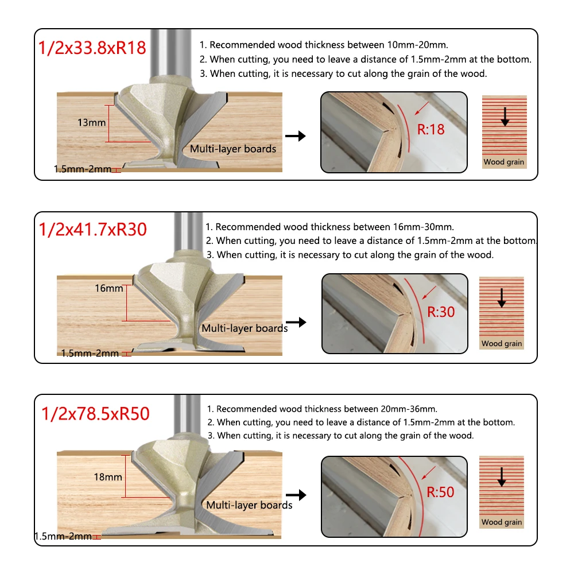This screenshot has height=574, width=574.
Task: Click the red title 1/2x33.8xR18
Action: coord(92,48)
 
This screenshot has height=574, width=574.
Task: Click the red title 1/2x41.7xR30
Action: coord(92,229)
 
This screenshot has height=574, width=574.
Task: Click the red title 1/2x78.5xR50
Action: coord(95,414)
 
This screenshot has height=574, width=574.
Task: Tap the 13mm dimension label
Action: coord(91,122)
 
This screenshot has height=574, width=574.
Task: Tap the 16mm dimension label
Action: coord(108,288)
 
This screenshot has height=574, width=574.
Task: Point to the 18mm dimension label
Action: coord(108,477)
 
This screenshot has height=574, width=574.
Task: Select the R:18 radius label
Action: coord(431,129)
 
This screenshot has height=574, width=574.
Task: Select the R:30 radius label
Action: coord(441,312)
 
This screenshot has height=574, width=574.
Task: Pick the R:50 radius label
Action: coord(440,492)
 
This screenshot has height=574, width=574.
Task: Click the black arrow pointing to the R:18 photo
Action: coord(296,136)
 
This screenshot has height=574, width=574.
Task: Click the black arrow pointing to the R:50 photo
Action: coord(296,495)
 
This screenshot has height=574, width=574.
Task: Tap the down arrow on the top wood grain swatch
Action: coord(505,117)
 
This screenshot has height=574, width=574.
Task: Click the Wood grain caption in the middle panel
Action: coord(502,343)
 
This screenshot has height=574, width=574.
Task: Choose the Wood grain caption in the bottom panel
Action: coord(502,522)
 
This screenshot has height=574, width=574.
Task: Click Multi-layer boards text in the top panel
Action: coord(233,149)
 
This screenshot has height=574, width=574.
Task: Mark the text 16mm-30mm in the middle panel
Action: coord(424,227)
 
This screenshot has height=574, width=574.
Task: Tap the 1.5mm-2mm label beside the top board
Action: coord(82,169)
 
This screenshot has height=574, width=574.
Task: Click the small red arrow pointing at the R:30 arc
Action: coord(429,293)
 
